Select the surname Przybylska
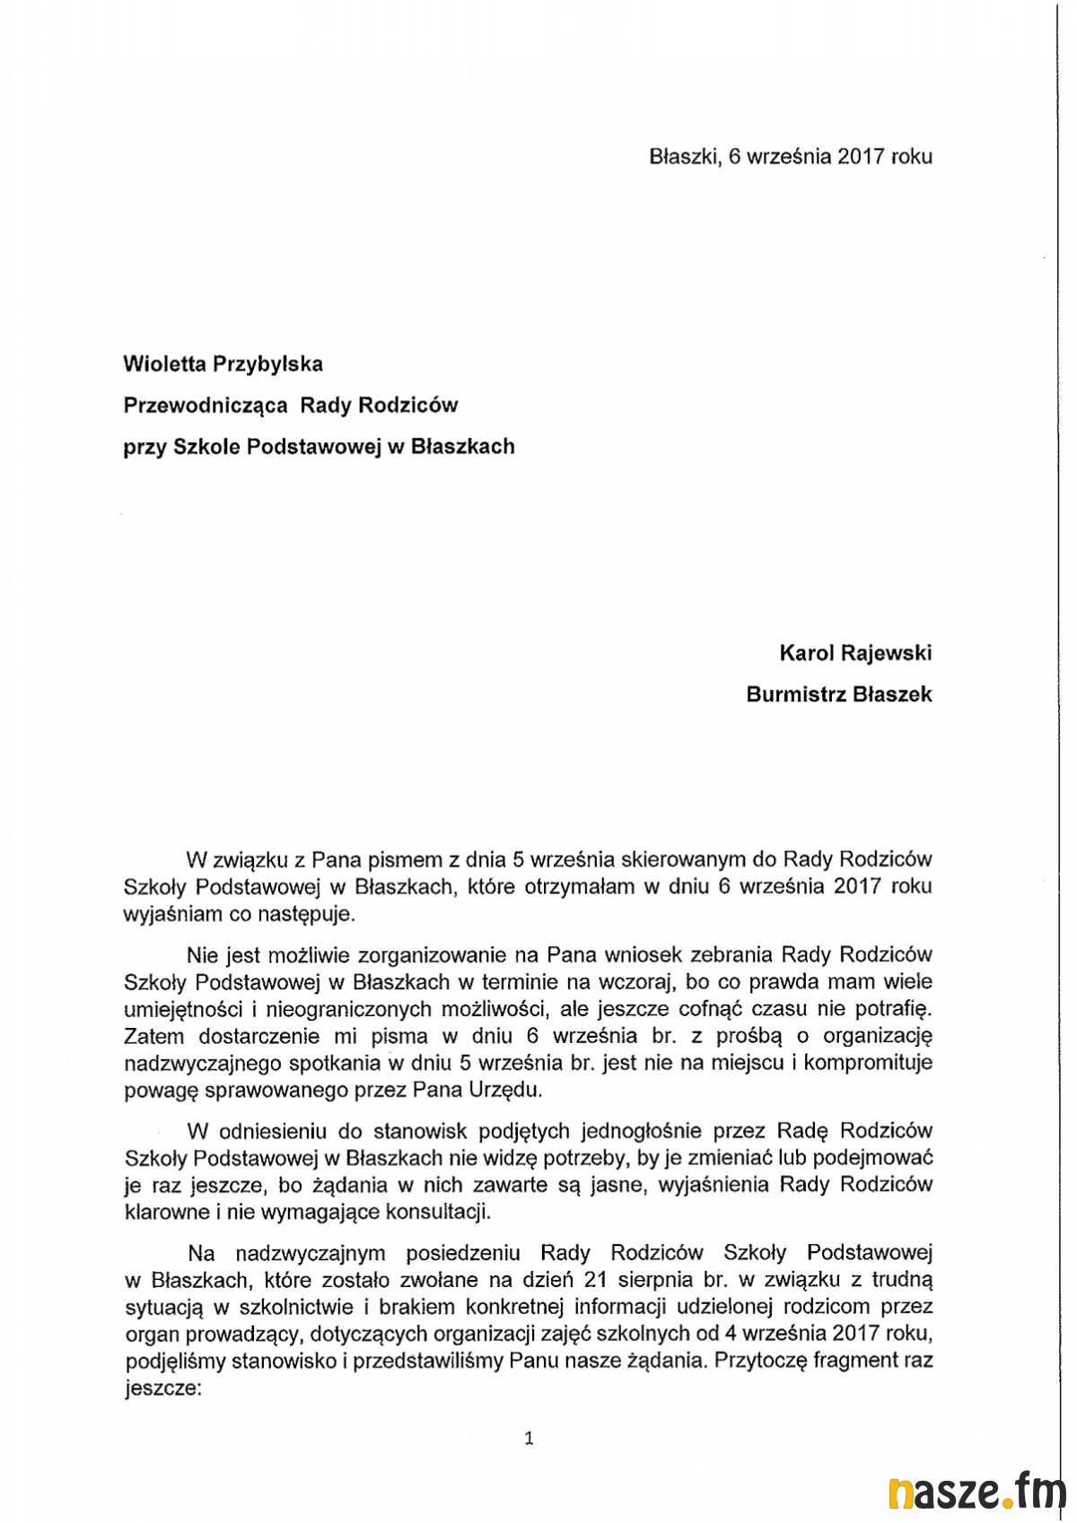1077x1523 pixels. coord(267,364)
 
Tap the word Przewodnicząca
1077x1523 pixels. coord(206,405)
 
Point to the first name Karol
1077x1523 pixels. coord(805,653)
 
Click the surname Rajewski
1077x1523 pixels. coord(885,653)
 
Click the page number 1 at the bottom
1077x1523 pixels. coord(529,1439)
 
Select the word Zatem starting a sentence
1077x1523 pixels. coord(153,1036)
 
